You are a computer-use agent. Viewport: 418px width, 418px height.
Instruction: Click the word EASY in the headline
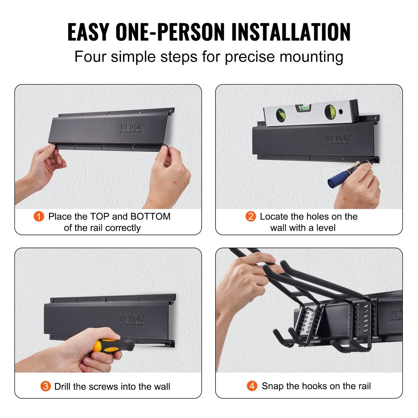(x=88, y=32)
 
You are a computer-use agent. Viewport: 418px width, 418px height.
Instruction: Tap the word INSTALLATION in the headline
(x=291, y=32)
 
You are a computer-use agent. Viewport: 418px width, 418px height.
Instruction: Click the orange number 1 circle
(x=39, y=216)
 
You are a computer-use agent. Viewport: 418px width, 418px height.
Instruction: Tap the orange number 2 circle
(x=251, y=216)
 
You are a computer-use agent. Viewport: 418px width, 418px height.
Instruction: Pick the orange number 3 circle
(x=45, y=386)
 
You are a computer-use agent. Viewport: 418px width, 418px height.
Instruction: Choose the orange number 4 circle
(x=252, y=386)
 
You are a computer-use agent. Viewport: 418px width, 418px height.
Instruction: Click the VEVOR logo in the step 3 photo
(x=132, y=319)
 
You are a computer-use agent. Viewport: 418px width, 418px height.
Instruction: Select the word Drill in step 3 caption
(x=62, y=386)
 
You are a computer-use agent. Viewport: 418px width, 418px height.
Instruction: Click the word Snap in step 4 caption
(x=272, y=386)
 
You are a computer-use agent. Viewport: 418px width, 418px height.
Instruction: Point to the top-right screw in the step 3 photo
(x=173, y=297)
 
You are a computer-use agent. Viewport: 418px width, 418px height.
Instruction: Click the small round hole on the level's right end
(x=341, y=111)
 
